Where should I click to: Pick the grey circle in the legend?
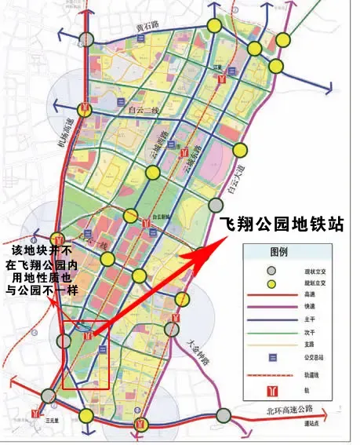click(271, 271)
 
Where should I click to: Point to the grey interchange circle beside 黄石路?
click(88, 39)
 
